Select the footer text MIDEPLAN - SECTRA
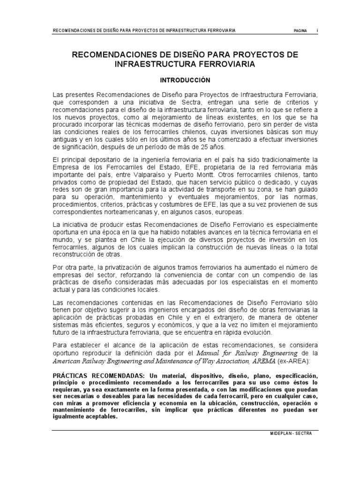(287, 434)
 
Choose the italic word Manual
(209, 352)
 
